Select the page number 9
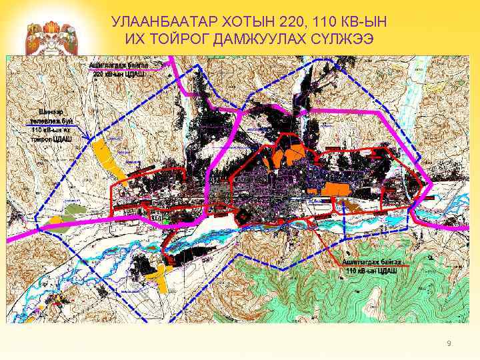449,343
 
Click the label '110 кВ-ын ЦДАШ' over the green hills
371,271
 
